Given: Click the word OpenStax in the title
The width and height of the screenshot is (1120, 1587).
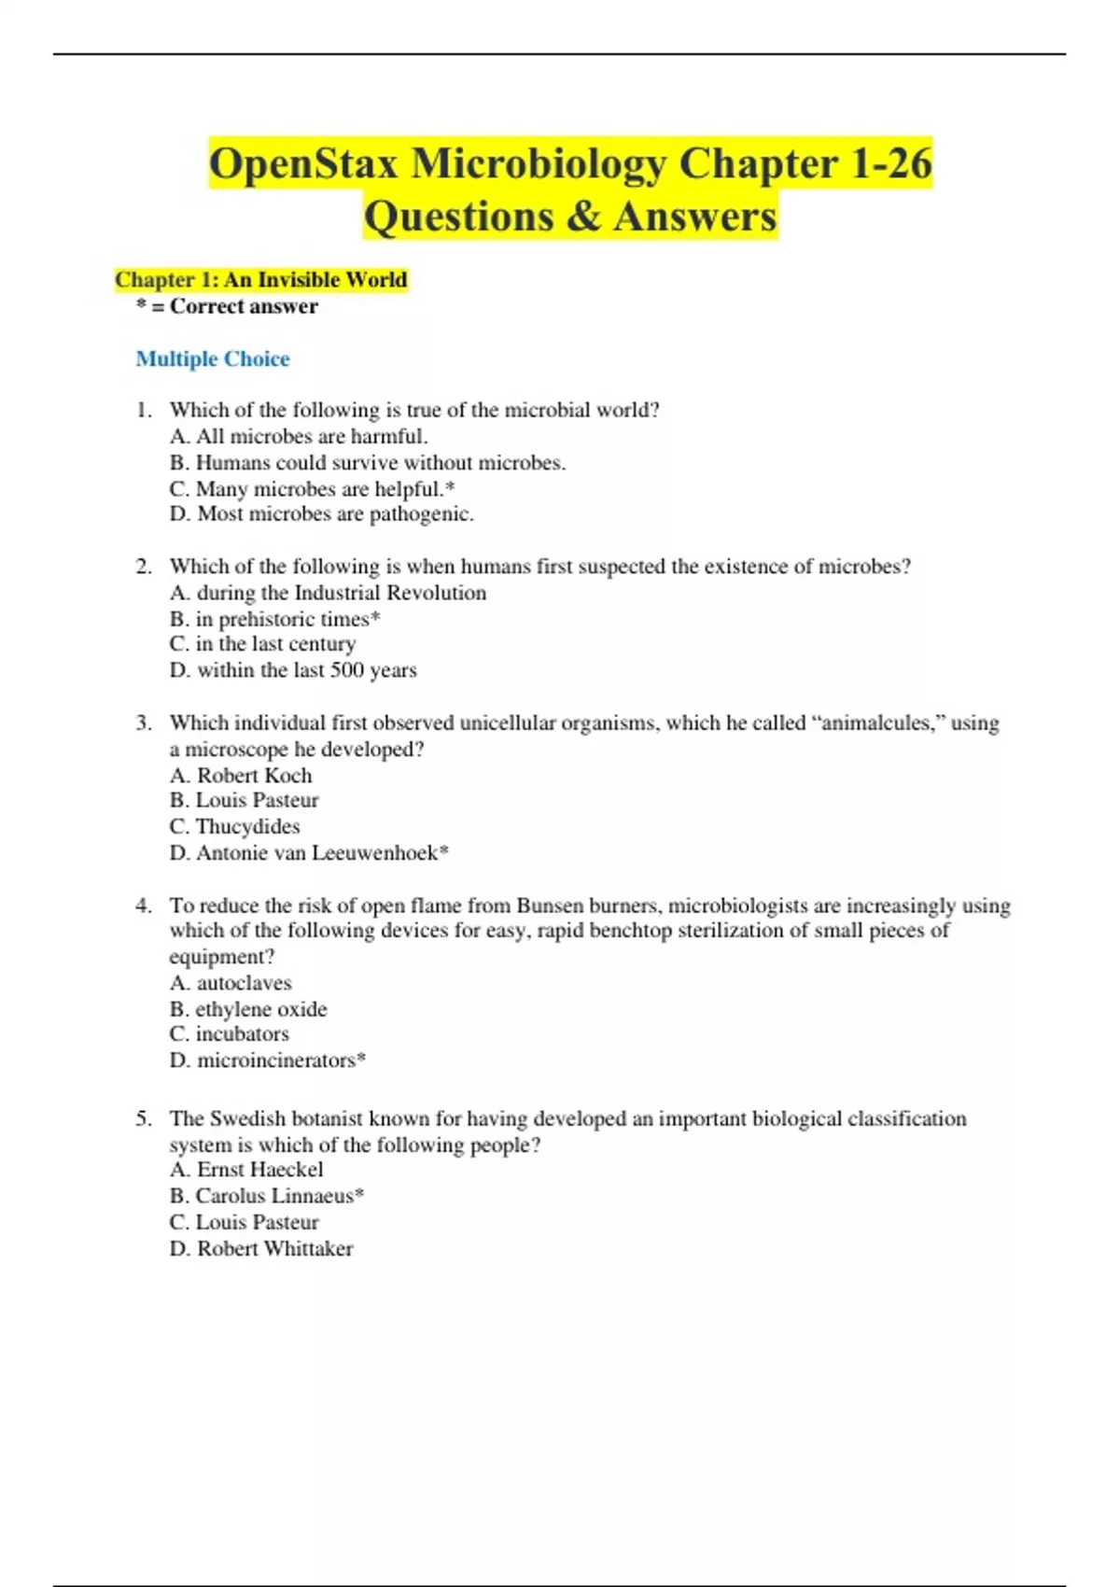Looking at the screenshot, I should pos(303,164).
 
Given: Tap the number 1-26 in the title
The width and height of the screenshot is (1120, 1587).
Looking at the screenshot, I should pos(890,164).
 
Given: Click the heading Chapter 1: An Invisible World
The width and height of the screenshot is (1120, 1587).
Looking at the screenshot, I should pos(260,280).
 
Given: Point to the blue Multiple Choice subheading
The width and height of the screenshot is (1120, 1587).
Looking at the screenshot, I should pos(213,358).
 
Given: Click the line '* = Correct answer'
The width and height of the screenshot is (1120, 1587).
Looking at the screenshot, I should pos(227,306).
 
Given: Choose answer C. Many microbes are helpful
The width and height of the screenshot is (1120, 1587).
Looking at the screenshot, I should pos(312,489).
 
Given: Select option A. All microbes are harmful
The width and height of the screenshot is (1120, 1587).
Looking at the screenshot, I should pos(299,437).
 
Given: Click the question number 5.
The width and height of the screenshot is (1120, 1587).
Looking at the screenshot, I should pos(143,1118).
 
